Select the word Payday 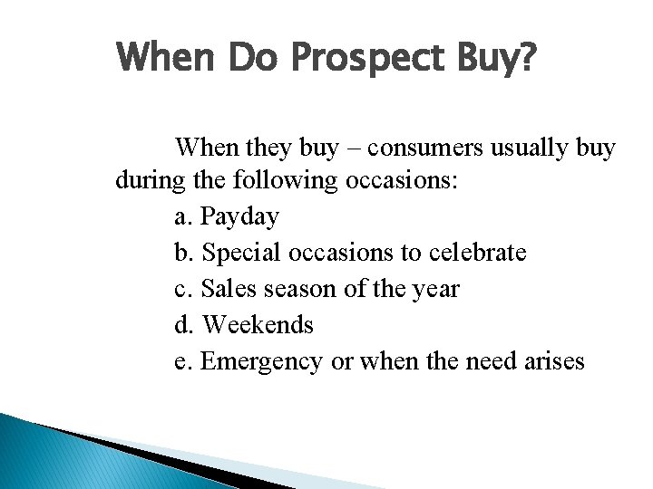point(239,217)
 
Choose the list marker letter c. point(180,290)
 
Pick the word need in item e point(479,361)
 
